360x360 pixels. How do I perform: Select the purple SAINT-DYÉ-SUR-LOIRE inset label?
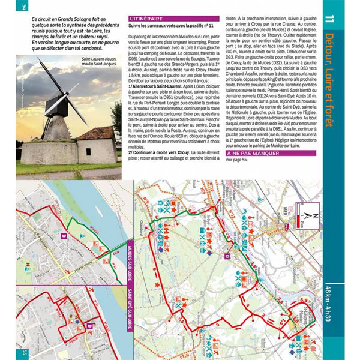coord(130,317)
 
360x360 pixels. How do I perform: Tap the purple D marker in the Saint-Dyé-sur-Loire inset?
coord(89,326)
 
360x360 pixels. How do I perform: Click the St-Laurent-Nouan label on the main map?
coord(309,314)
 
